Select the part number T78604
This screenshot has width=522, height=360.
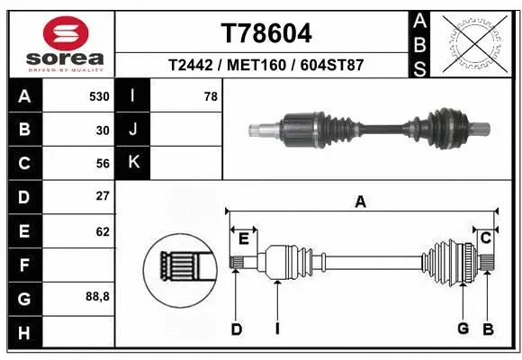tap(266, 34)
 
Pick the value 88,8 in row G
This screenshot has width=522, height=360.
tap(97, 296)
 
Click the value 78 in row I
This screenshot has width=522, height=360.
tap(211, 96)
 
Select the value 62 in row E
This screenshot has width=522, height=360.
tap(103, 231)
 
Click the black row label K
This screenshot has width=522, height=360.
tap(133, 163)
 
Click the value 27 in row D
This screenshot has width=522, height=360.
tap(103, 196)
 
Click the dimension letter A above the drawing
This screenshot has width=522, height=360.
tap(360, 202)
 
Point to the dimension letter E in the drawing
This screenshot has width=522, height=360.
tap(243, 238)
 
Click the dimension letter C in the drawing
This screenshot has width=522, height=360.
tap(485, 238)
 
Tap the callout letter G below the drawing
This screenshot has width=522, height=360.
tap(463, 328)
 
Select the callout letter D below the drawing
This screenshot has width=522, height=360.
tap(236, 329)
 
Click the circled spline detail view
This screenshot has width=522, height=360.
tap(179, 268)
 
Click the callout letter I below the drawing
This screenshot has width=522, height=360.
tap(277, 329)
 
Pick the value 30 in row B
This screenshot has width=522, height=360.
tap(103, 130)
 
